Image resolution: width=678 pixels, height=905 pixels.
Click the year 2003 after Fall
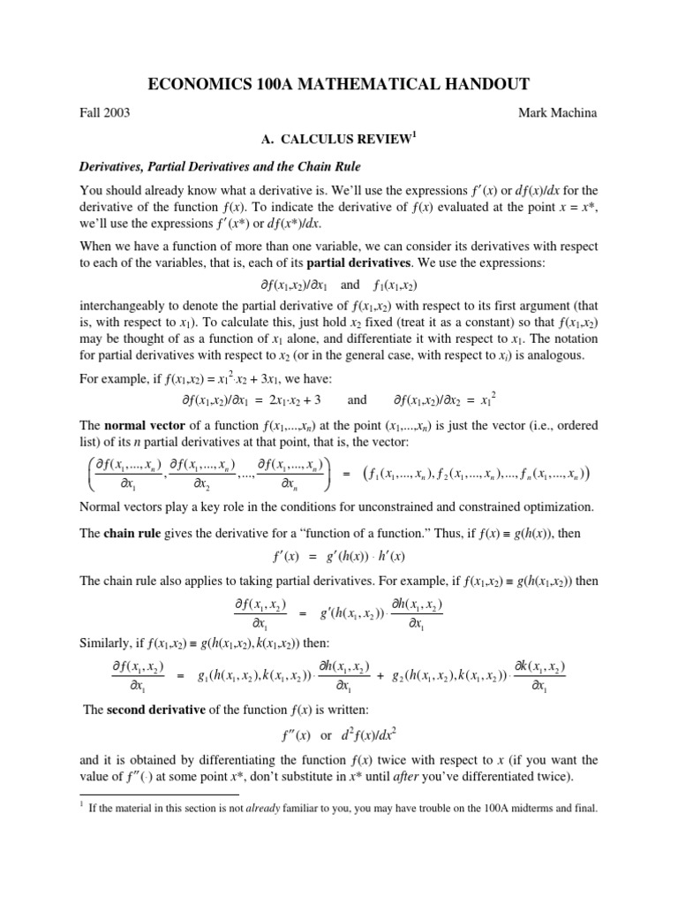pos(117,114)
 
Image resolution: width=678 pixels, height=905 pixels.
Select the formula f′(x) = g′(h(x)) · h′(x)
pos(339,558)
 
